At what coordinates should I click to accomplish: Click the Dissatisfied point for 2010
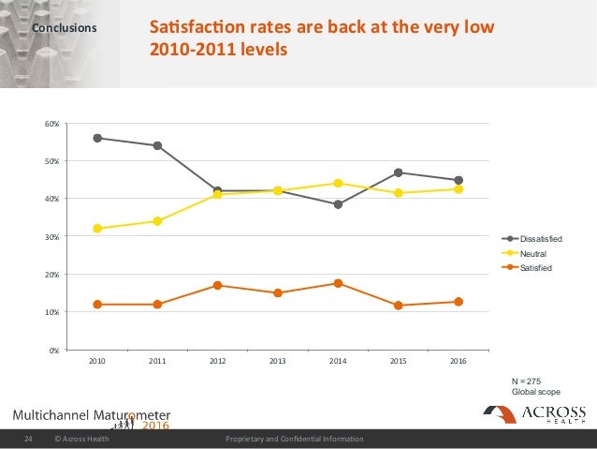[x=97, y=138]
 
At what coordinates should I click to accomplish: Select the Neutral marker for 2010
[x=97, y=229]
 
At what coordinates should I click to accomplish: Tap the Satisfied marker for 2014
[x=338, y=283]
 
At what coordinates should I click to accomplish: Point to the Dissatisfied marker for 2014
[x=338, y=204]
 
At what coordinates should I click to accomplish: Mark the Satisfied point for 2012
[x=218, y=285]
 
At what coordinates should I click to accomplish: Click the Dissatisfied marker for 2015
[x=399, y=172]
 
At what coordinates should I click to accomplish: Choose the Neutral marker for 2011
[x=157, y=221]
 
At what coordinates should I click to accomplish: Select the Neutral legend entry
[x=532, y=254]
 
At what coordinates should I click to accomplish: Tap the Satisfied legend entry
[x=536, y=269]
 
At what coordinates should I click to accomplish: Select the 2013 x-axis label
[x=278, y=361]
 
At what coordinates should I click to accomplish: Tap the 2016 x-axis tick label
[x=459, y=361]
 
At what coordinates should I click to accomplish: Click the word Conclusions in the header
[x=65, y=28]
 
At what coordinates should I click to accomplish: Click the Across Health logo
[x=534, y=415]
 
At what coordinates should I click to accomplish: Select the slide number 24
[x=28, y=439]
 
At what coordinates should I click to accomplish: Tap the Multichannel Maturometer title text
[x=92, y=415]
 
